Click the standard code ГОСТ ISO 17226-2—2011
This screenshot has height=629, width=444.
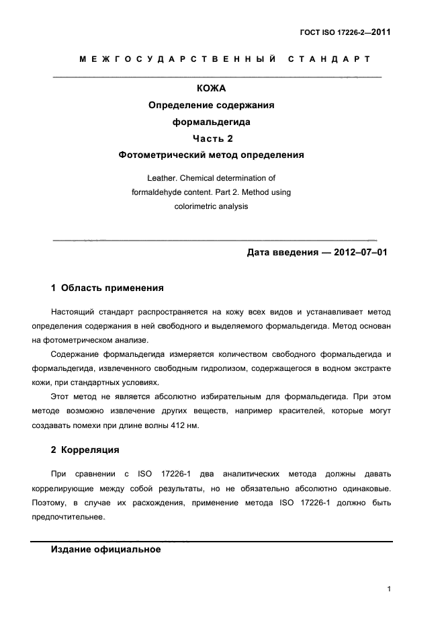tap(345, 31)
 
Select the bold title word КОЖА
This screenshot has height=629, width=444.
tap(211, 88)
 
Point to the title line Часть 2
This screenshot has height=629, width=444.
tap(211, 138)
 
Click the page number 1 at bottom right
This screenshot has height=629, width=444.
tap(389, 589)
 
